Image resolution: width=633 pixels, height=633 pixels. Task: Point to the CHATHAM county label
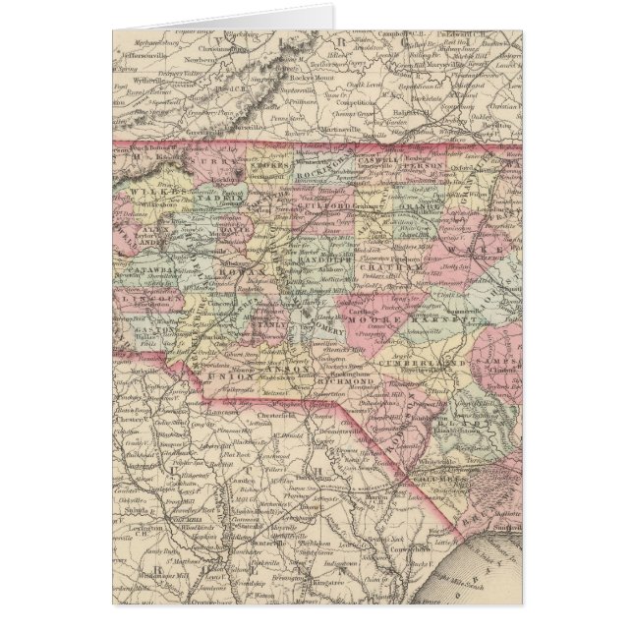pos(377,266)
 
